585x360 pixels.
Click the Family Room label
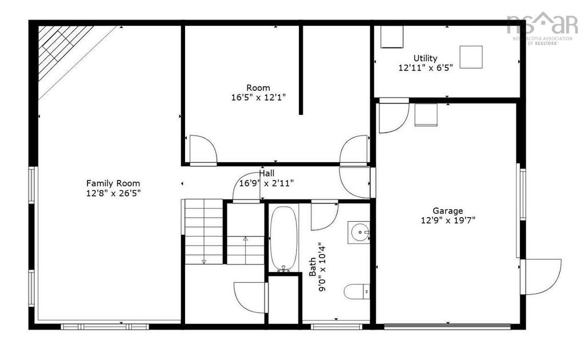[113, 183]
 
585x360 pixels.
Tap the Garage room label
[447, 211]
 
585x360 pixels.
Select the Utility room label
[426, 58]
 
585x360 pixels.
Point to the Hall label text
[267, 174]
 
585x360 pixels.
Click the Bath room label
[312, 266]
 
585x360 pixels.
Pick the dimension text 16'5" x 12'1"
[258, 98]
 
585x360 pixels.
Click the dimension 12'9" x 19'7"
[447, 220]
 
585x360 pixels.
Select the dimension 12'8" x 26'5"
[113, 193]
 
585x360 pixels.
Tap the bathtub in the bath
[283, 238]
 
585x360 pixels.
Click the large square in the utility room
[471, 57]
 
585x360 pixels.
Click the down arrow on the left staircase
[203, 261]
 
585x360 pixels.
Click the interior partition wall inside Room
[300, 70]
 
